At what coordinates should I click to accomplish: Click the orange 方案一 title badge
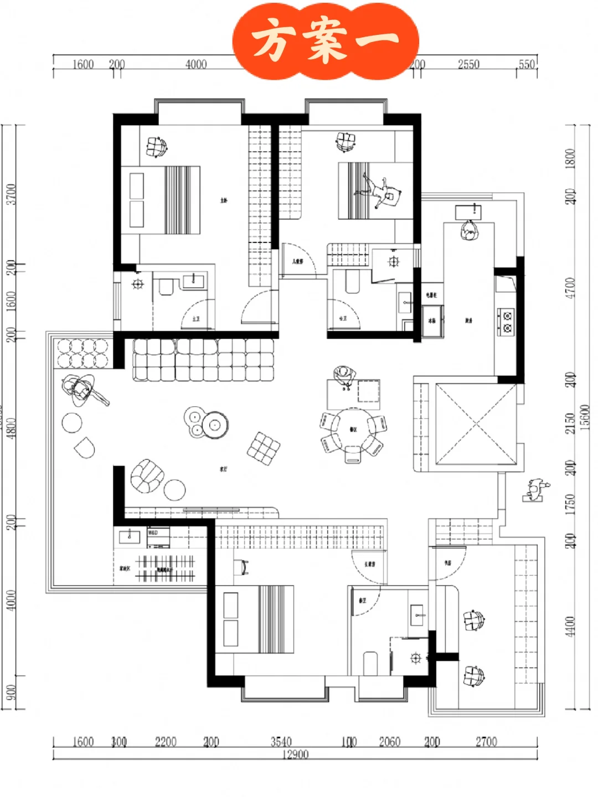[x=326, y=40]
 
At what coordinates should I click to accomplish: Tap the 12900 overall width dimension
[x=295, y=754]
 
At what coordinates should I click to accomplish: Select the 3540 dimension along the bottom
[x=281, y=742]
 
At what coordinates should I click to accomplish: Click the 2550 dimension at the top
[x=468, y=64]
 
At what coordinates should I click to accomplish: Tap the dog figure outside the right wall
[x=535, y=490]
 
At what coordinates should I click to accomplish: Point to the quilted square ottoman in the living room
[x=264, y=448]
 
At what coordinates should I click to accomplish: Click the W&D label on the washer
[x=153, y=532]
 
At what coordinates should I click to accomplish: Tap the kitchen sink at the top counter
[x=468, y=211]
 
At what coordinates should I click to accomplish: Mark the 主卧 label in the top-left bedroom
[x=224, y=200]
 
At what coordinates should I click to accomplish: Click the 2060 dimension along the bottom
[x=389, y=742]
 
